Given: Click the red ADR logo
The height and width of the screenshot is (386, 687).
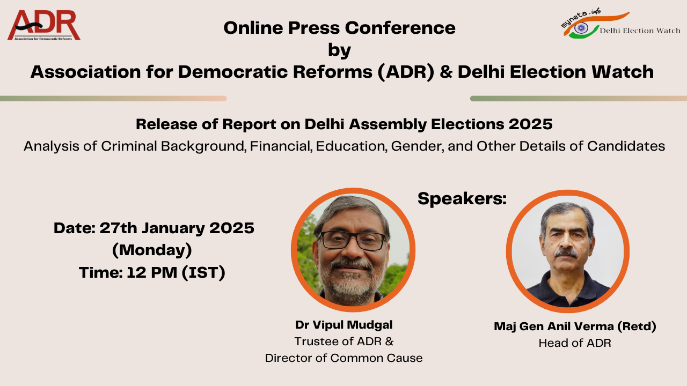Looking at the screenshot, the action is [44, 25].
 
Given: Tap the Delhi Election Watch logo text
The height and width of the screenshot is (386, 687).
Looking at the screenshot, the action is [640, 31].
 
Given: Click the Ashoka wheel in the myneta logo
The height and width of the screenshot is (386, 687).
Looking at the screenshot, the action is [581, 28].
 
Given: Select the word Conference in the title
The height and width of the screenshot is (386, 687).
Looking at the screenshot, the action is [400, 28].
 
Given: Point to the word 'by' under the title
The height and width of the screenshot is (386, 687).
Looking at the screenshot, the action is [339, 50].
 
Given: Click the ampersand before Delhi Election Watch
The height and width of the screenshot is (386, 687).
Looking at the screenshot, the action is [446, 72].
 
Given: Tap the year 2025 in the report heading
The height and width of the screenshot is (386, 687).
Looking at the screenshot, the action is [531, 124].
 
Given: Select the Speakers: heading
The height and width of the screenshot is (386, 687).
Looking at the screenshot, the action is [462, 198].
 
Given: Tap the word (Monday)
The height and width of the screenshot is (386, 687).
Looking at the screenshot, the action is [152, 250].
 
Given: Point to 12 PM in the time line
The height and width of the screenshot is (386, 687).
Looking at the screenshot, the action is [152, 272].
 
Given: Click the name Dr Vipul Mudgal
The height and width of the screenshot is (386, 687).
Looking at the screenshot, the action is [344, 325].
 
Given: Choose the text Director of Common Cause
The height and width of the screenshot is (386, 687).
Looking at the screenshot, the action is [344, 358].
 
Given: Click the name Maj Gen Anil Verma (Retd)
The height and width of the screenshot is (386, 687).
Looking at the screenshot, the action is [575, 326].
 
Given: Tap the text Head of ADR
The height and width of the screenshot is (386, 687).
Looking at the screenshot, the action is [575, 343].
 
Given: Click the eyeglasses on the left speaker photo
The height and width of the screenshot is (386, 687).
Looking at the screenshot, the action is [353, 240].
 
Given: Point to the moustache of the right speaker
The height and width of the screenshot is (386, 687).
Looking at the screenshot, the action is [566, 253].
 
